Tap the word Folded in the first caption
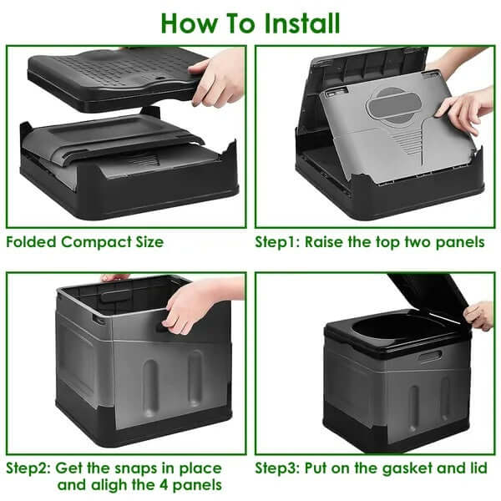(x=32, y=243)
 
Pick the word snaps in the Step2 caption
(x=139, y=468)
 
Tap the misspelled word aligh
(x=114, y=485)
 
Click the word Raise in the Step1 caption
(x=329, y=243)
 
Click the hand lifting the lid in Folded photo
(x=219, y=78)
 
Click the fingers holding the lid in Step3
(x=479, y=315)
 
